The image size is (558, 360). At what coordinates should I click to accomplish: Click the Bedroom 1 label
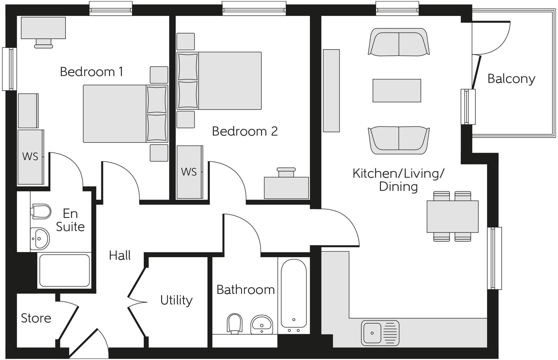(x=91, y=72)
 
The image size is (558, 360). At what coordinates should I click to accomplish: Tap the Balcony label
(x=511, y=79)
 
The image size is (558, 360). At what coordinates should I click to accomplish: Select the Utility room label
(x=176, y=300)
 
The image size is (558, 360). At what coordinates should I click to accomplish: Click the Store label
(x=36, y=318)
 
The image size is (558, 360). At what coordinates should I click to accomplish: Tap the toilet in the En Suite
(x=41, y=211)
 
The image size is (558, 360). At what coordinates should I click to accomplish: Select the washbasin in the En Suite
(x=40, y=239)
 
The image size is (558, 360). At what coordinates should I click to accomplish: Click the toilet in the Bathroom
(x=234, y=323)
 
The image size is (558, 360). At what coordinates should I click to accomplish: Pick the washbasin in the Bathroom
(x=262, y=324)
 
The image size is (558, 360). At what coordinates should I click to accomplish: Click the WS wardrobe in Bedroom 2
(x=189, y=172)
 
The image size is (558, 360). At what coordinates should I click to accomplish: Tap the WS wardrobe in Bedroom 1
(x=30, y=157)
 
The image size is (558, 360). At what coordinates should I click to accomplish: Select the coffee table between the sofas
(x=397, y=91)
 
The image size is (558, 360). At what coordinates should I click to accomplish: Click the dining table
(x=452, y=216)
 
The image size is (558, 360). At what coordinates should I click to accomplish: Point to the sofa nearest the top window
(x=399, y=42)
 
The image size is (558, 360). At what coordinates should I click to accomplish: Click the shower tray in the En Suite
(x=64, y=270)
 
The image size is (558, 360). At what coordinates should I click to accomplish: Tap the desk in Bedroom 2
(x=286, y=187)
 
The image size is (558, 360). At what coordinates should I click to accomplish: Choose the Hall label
(x=120, y=255)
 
